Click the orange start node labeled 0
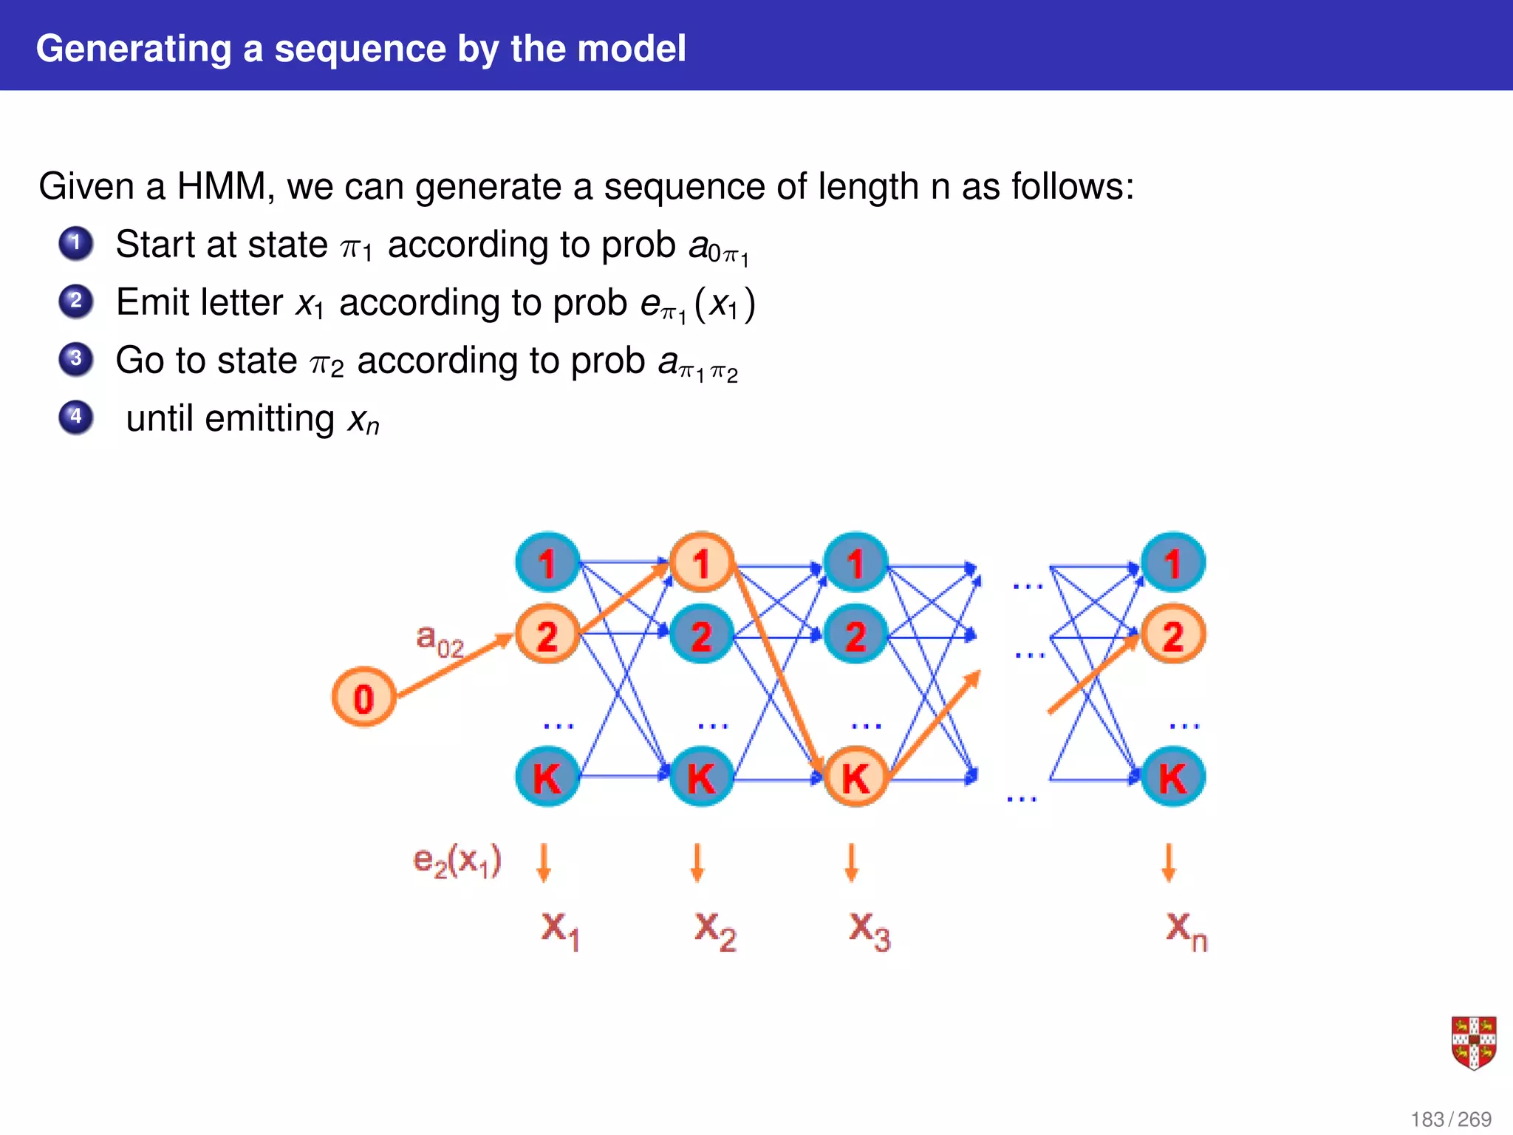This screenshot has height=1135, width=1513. tap(363, 698)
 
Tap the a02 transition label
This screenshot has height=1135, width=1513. tap(440, 640)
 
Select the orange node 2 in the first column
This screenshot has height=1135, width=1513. tap(547, 635)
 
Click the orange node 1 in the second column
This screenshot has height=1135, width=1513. tap(701, 563)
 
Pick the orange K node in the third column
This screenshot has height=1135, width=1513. tap(855, 777)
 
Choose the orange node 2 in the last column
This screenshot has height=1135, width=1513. tap(1172, 635)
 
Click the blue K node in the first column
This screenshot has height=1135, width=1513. tap(547, 777)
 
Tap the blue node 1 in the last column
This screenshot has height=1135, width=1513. tap(1172, 563)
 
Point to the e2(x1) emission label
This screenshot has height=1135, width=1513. tap(457, 861)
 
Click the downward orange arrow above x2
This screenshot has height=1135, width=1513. tap(697, 863)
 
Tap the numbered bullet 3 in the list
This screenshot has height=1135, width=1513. tap(76, 359)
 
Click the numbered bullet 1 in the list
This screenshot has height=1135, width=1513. tap(76, 243)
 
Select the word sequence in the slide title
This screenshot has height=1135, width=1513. tap(361, 49)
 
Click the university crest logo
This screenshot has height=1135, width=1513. tap(1473, 1043)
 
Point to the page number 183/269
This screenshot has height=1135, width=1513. tap(1450, 1119)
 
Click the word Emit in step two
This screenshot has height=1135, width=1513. tap(152, 302)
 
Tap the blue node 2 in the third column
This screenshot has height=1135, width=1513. tap(855, 635)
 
